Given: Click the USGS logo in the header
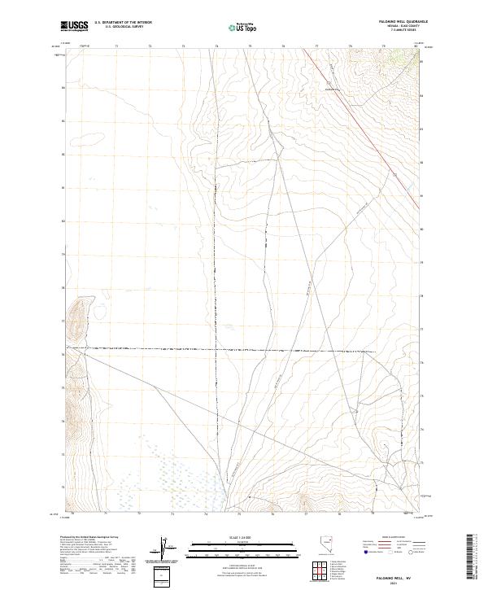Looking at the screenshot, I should pyautogui.click(x=75, y=26).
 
